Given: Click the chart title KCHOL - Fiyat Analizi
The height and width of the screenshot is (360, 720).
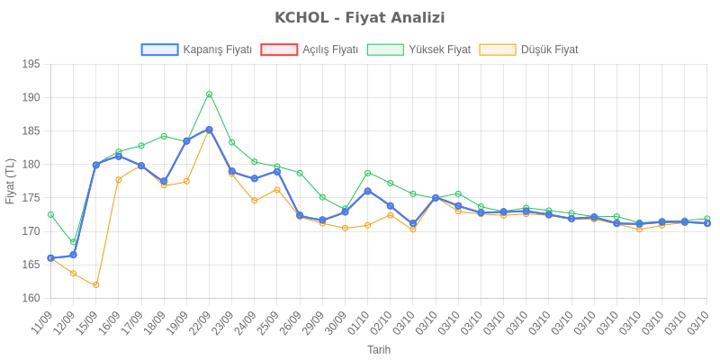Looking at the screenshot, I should pyautogui.click(x=360, y=18).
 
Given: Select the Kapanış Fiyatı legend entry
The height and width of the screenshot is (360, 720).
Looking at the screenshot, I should pyautogui.click(x=196, y=49).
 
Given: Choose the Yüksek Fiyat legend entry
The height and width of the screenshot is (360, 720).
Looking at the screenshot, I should pyautogui.click(x=419, y=49).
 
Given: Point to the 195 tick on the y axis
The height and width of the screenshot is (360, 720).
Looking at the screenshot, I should pyautogui.click(x=31, y=64).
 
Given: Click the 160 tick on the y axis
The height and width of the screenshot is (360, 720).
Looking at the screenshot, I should pyautogui.click(x=31, y=298).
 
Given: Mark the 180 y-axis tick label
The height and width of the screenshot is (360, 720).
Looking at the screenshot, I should pyautogui.click(x=31, y=164).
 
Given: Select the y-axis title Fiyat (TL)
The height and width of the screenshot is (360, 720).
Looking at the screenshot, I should pyautogui.click(x=10, y=181).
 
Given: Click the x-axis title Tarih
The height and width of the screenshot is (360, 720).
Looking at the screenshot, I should pyautogui.click(x=378, y=348).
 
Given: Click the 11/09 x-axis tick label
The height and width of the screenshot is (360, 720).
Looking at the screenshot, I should pyautogui.click(x=44, y=322).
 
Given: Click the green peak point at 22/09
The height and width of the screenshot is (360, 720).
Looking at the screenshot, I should pyautogui.click(x=209, y=94).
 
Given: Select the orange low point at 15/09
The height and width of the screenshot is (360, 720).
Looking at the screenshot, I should pyautogui.click(x=96, y=284).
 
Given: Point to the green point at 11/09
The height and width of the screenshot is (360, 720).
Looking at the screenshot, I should pyautogui.click(x=50, y=214).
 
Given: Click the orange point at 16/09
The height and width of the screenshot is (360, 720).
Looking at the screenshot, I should pyautogui.click(x=119, y=179).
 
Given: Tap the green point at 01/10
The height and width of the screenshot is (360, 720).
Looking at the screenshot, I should pyautogui.click(x=367, y=173).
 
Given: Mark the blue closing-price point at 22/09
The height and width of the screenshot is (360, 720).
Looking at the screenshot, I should pyautogui.click(x=209, y=130).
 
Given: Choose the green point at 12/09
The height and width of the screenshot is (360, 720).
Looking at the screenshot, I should pyautogui.click(x=73, y=242).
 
